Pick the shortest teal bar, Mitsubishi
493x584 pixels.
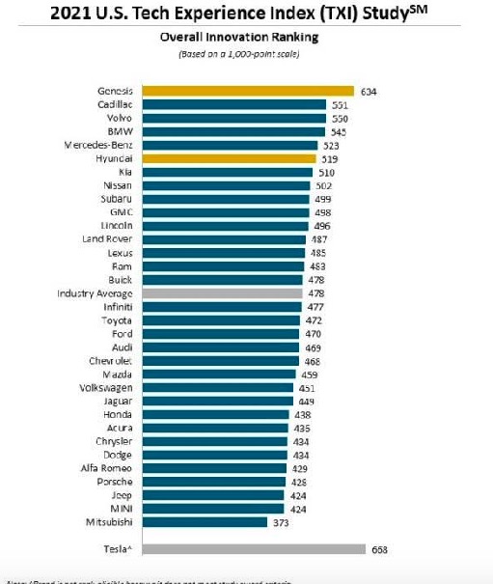[x=203, y=521]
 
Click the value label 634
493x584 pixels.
[x=370, y=91]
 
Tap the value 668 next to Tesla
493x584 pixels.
[x=380, y=548]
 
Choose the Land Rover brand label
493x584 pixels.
[x=107, y=237]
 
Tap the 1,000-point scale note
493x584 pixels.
[x=246, y=53]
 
